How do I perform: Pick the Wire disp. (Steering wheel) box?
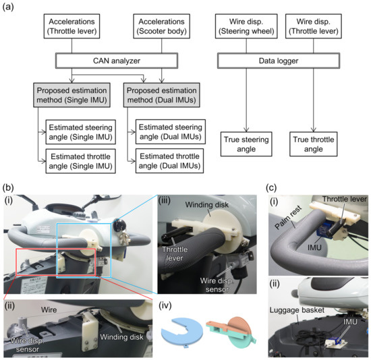click(x=246, y=24)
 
